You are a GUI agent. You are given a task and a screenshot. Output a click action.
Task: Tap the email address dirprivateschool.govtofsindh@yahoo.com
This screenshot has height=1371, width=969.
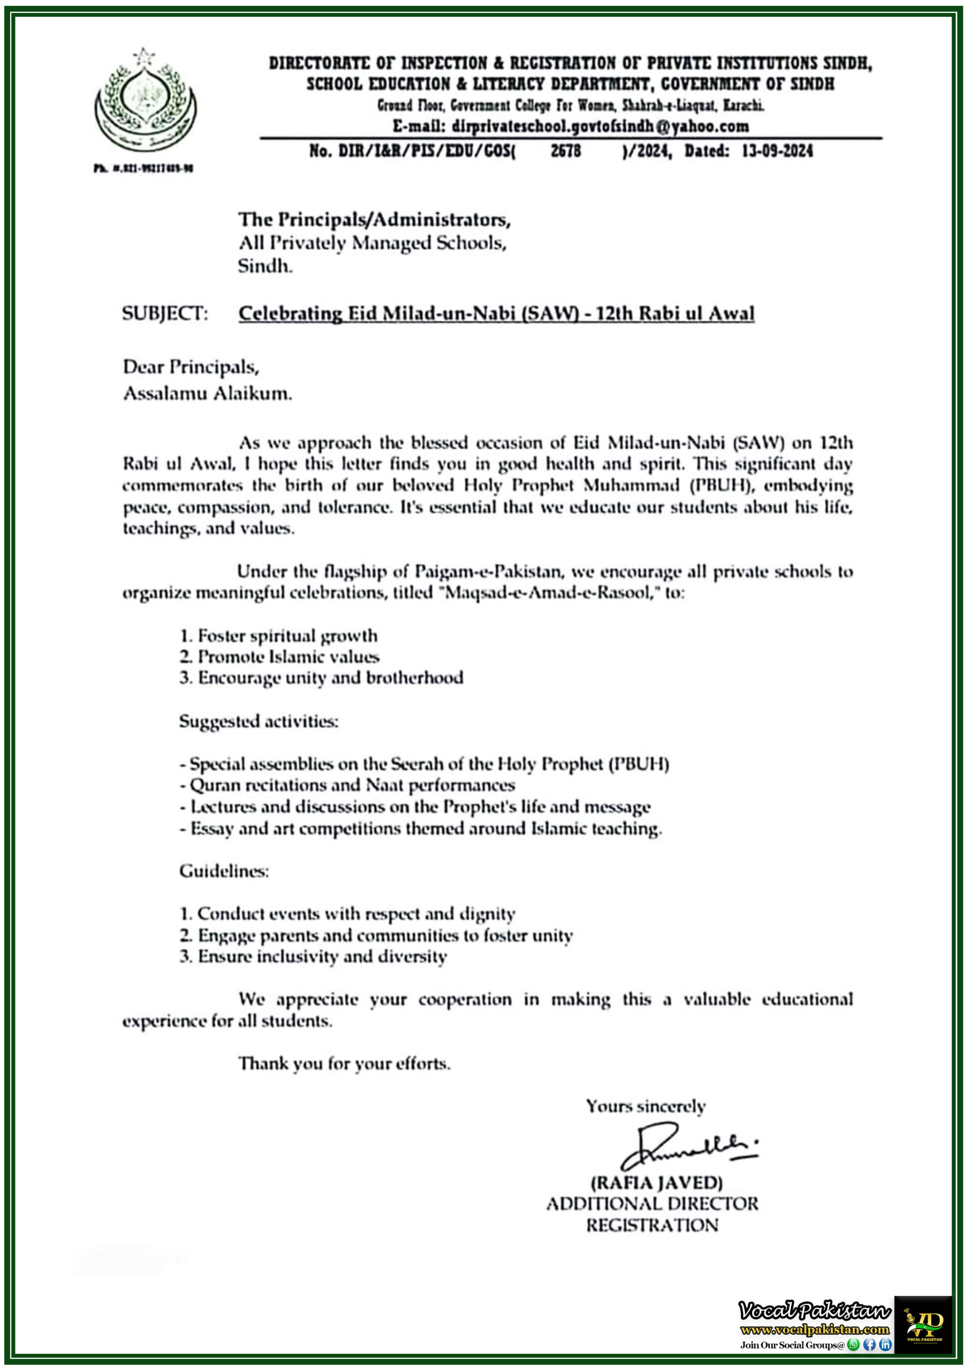coord(570,126)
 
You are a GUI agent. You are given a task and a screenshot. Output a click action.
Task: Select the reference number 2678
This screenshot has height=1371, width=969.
coord(565,150)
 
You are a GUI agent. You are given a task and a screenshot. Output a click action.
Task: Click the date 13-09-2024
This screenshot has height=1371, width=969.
coord(777,150)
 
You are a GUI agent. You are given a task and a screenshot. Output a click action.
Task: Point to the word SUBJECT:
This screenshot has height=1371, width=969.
coord(165,313)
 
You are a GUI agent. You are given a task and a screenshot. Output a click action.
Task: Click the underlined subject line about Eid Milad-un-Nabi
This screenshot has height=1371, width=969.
coord(496,313)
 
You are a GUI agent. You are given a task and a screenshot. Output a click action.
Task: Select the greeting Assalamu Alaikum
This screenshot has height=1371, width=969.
coord(207,393)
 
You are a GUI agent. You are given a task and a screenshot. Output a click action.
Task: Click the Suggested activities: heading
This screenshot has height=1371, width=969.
coord(259,721)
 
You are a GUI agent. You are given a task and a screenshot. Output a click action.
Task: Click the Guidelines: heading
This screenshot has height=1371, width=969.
coord(224,871)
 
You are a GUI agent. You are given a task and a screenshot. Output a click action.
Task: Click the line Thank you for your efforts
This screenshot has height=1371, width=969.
coord(344,1064)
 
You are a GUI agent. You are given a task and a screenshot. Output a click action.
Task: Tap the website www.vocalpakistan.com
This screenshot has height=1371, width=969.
coord(814,1329)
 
